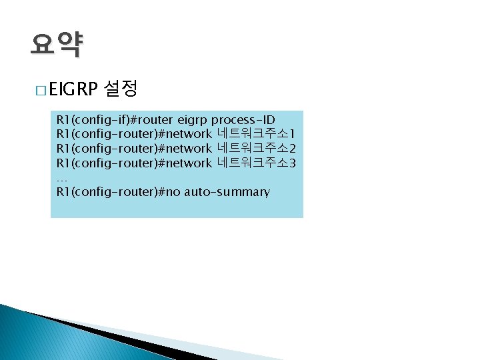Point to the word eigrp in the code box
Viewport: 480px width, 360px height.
point(193,120)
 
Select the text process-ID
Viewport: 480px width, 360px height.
point(242,120)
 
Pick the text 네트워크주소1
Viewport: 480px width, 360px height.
point(256,134)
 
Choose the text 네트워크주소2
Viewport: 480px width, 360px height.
point(256,149)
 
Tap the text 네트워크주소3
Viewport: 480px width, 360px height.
point(256,163)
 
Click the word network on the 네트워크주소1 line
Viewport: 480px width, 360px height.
point(188,134)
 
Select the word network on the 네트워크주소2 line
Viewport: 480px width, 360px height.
point(188,149)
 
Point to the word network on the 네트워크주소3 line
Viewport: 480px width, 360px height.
point(188,163)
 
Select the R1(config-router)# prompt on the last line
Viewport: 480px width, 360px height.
point(110,192)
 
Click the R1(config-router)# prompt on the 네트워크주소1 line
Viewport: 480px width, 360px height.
point(110,134)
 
